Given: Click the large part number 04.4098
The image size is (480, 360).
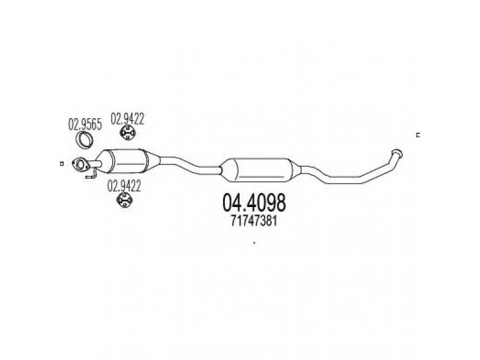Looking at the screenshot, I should [x=254, y=202].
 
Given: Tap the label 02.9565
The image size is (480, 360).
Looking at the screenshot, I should [x=85, y=126].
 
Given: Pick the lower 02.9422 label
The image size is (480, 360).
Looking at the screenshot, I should [x=125, y=186].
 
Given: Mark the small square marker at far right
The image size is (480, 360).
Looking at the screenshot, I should [x=418, y=135].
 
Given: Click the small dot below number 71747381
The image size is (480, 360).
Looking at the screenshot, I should [x=254, y=243].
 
